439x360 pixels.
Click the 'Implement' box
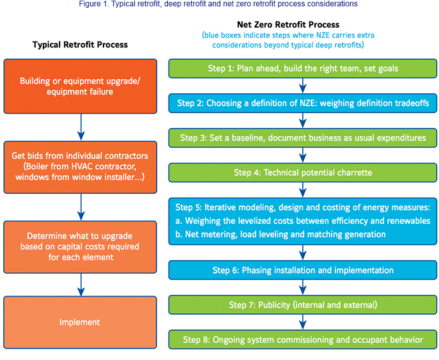tap(80, 322)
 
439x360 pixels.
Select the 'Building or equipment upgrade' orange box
tap(80, 86)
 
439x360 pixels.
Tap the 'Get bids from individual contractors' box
tap(80, 168)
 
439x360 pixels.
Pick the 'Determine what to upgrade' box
tap(80, 247)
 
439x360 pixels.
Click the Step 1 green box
tap(303, 68)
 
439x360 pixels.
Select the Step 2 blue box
tap(303, 103)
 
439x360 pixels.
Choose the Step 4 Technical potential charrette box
tap(303, 173)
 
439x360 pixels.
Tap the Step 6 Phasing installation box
tap(303, 270)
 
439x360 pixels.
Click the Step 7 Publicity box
tap(303, 305)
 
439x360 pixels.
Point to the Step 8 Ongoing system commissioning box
tap(303, 340)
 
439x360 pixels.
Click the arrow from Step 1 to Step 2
tap(303, 86)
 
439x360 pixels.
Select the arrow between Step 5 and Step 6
tap(303, 253)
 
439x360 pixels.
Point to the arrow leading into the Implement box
tap(81, 285)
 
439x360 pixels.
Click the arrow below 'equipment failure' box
tap(81, 127)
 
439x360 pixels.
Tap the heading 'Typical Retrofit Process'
tap(80, 45)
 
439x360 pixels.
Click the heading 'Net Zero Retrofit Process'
tap(288, 25)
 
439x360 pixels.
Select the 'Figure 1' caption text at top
tap(218, 4)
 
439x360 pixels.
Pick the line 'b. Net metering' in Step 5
tap(281, 234)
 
